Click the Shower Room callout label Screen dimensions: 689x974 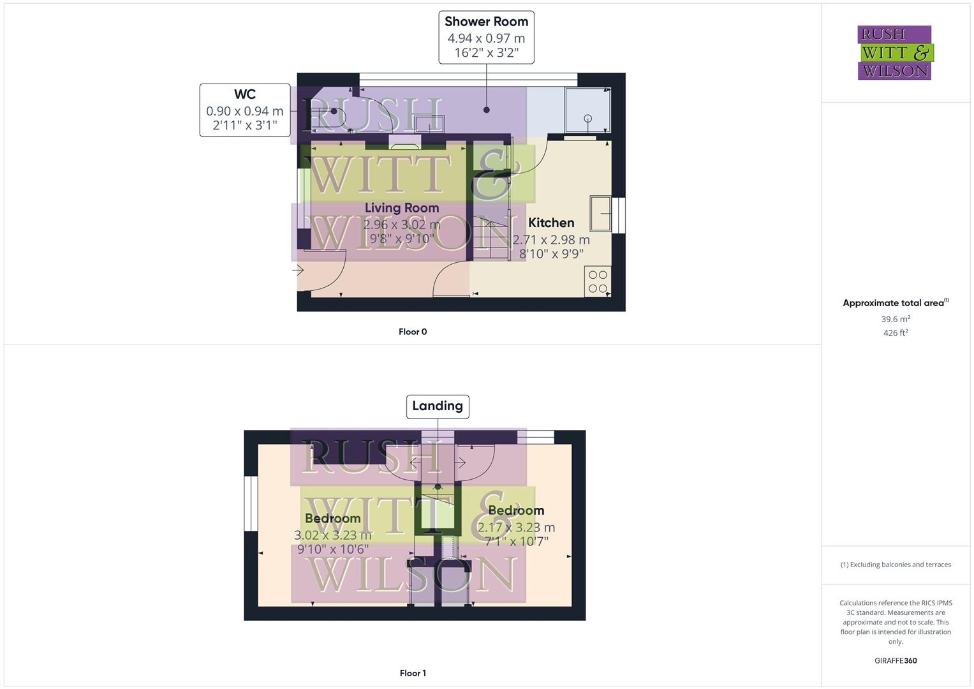pos(486,37)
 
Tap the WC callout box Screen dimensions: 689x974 pos(245,110)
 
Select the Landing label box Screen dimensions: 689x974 pos(438,406)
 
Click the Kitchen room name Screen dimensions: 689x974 pos(551,223)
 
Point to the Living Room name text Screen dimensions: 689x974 pos(402,208)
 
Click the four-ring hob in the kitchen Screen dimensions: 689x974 pos(598,281)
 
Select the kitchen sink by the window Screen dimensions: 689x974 pos(600,213)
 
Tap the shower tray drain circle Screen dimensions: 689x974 pos(588,118)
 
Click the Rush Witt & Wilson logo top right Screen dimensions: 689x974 pos(894,52)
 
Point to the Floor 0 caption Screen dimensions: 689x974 pos(413,332)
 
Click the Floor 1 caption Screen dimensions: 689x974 pos(413,673)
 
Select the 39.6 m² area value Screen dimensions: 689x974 pos(896,319)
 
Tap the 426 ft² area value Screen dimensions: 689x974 pos(896,333)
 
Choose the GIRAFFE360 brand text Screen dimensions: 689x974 pos(896,660)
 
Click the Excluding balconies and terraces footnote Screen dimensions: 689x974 pos(896,565)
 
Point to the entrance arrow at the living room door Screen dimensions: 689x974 pos(298,270)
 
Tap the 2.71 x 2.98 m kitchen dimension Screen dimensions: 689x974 pos(551,240)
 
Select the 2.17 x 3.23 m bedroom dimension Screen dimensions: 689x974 pos(516,528)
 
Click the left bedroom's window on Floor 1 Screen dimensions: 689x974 pos(251,504)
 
